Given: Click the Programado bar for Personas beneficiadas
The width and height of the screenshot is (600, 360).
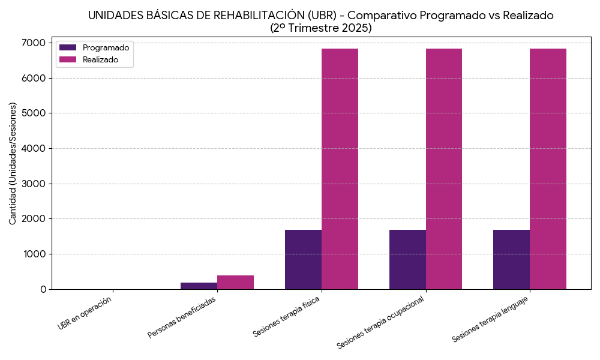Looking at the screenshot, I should [x=199, y=286].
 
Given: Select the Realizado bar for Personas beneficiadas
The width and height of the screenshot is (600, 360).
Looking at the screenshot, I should [x=235, y=283].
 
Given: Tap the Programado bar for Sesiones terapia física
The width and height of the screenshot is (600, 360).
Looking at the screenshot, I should [x=303, y=259].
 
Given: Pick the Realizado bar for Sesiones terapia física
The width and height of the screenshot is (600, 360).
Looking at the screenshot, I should [x=340, y=169].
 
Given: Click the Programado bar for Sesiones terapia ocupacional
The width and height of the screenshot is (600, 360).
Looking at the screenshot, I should [x=407, y=259].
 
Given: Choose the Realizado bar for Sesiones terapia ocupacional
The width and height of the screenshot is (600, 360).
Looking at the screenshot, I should [x=444, y=169].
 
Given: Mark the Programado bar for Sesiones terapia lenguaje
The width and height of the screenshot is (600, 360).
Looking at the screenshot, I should [x=511, y=259].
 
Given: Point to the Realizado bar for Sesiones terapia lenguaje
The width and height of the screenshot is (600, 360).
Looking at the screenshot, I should [x=548, y=169].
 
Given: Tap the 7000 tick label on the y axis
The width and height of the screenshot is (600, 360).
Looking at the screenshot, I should [x=35, y=43].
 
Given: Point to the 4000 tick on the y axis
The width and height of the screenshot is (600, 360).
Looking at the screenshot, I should [x=35, y=148].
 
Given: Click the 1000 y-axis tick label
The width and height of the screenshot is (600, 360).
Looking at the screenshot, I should [x=35, y=254].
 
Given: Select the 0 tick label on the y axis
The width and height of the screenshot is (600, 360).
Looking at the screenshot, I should [x=43, y=289].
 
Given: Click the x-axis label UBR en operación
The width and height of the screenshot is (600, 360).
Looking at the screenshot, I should [x=85, y=313].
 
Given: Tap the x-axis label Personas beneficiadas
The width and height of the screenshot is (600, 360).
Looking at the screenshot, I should [x=182, y=316].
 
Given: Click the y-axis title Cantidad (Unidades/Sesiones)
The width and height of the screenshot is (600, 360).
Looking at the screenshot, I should [x=13, y=163].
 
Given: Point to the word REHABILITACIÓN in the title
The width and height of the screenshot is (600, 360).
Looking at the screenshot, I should [x=245, y=16].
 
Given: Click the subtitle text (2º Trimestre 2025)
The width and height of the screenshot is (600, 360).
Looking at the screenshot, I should [x=320, y=28].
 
